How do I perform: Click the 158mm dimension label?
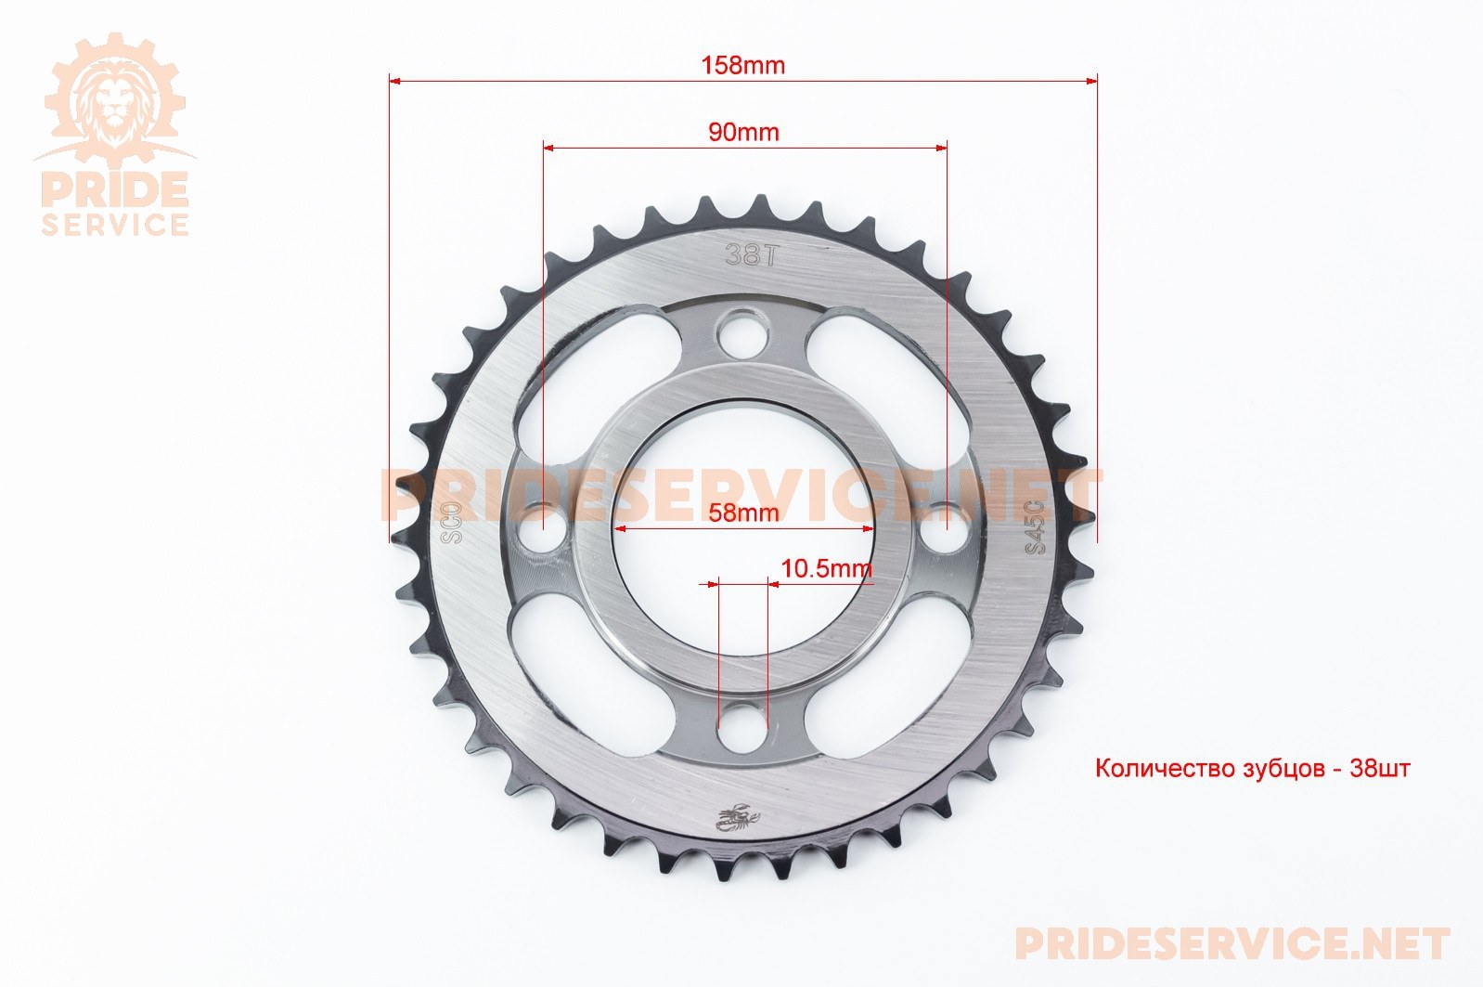pos(742,65)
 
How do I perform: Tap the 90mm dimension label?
pos(743,132)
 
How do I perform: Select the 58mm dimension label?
pos(743,512)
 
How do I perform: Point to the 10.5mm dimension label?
pos(826,568)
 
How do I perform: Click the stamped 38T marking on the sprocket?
pos(750,255)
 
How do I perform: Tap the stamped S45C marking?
pos(1034,526)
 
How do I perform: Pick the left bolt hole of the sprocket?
pos(543,528)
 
